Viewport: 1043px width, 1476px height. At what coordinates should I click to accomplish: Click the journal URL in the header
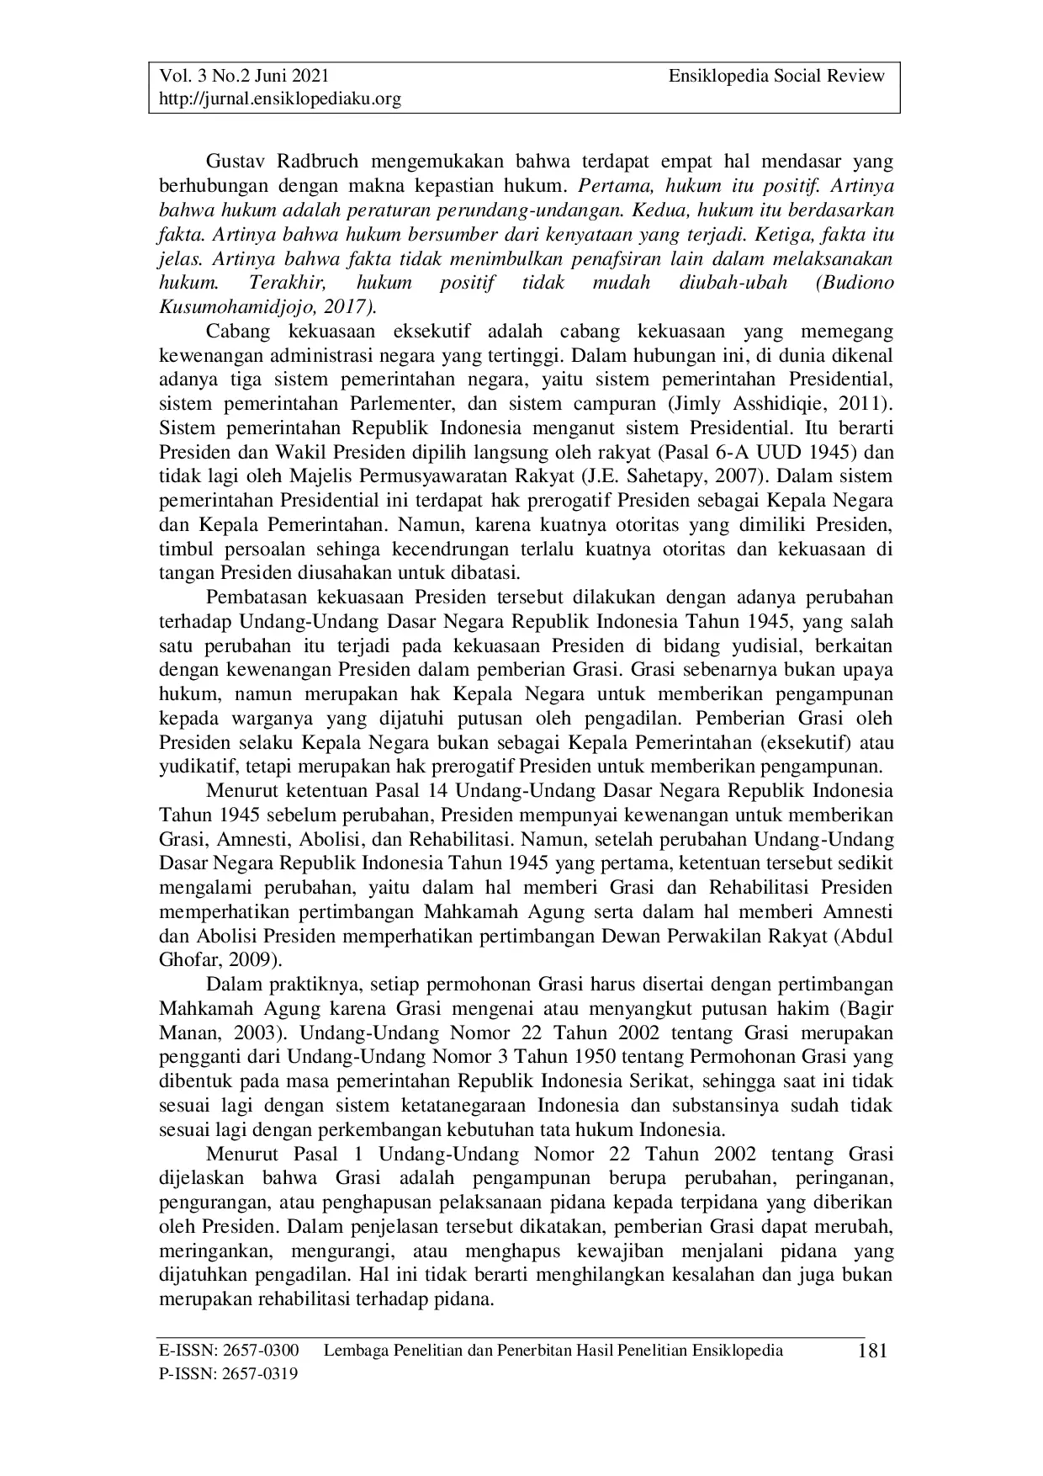280,99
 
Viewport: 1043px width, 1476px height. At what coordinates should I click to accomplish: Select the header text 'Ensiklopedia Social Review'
776,77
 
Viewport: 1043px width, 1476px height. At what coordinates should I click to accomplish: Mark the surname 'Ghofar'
184,960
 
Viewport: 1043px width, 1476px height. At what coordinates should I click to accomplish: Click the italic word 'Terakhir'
282,282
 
